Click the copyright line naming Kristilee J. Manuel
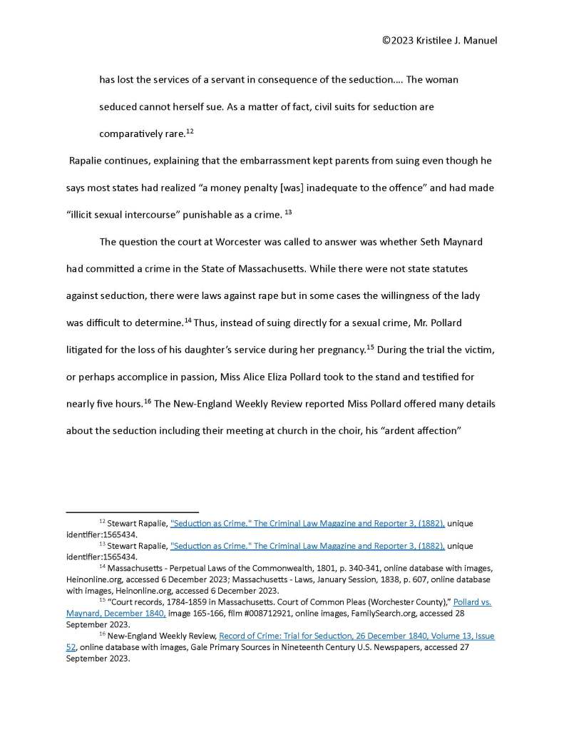click(x=439, y=40)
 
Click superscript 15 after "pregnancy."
click(x=370, y=347)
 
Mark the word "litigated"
click(x=88, y=349)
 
